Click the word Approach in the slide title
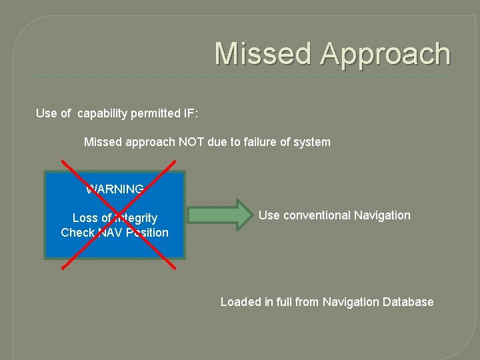coord(385,54)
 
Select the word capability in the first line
coord(103,113)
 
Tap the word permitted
coord(156,113)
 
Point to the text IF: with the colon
coord(190,113)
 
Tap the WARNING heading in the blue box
coord(115,189)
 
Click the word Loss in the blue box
coord(85,218)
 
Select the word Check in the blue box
coord(77,233)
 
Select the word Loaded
coord(240,302)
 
